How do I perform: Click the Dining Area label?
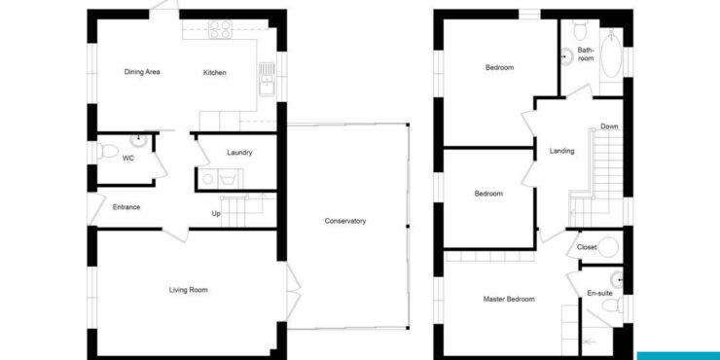click(x=142, y=72)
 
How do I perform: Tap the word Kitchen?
click(x=215, y=73)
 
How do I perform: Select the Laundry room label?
click(x=239, y=153)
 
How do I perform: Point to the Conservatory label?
click(x=345, y=221)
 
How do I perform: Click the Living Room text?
click(x=188, y=290)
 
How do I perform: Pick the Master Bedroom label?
click(x=509, y=300)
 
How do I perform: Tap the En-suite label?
click(x=600, y=293)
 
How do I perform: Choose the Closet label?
click(x=587, y=247)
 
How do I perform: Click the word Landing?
click(x=562, y=151)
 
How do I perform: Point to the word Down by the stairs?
click(x=609, y=126)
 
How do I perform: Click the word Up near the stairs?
click(x=216, y=213)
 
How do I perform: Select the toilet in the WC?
click(x=106, y=151)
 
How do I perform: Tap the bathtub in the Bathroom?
click(x=611, y=54)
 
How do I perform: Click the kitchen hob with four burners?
click(x=221, y=29)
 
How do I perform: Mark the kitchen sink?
click(x=267, y=79)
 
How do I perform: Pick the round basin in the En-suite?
click(x=617, y=279)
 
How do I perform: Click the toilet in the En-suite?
click(x=613, y=305)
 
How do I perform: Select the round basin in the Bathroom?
click(x=566, y=56)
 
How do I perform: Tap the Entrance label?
click(x=126, y=207)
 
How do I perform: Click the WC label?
click(x=127, y=159)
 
